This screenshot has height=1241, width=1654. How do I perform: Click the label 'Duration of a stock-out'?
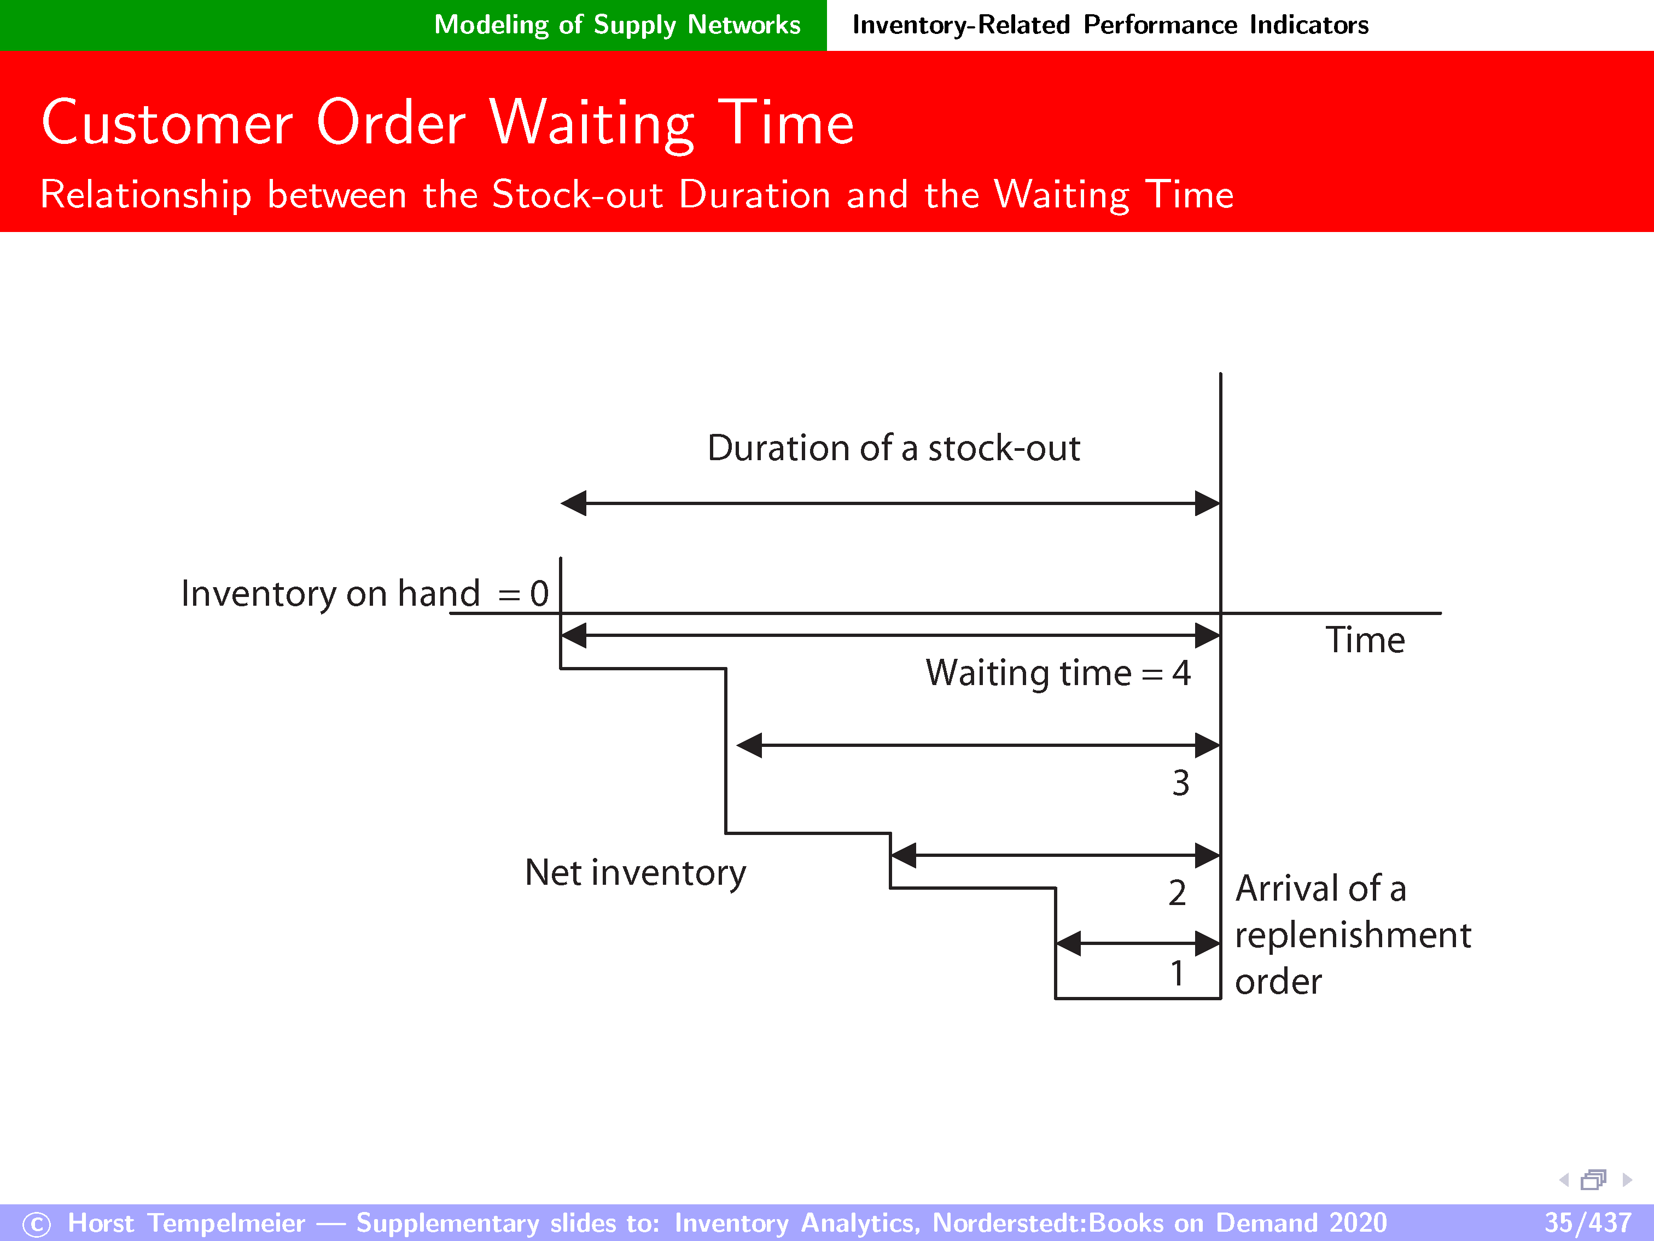[x=894, y=448]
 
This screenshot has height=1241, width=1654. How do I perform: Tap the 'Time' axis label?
[x=1365, y=640]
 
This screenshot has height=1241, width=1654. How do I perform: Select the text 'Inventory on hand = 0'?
[x=365, y=594]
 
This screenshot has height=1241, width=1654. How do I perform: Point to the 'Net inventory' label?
[x=636, y=873]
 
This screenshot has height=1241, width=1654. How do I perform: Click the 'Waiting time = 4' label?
[x=1058, y=673]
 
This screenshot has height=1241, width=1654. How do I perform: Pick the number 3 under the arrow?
[x=1181, y=783]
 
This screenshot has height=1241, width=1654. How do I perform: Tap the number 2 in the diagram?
[x=1178, y=892]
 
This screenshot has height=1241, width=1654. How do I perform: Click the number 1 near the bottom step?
[x=1178, y=973]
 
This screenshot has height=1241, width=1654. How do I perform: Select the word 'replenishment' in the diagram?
[x=1353, y=936]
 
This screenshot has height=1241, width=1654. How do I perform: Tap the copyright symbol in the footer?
[x=37, y=1224]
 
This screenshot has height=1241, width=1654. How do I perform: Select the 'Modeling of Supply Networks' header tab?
[x=617, y=25]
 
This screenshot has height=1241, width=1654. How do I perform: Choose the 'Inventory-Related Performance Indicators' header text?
[x=1110, y=25]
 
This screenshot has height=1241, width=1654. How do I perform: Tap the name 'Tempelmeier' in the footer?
[x=226, y=1222]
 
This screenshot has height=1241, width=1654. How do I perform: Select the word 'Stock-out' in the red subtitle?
[x=578, y=194]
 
